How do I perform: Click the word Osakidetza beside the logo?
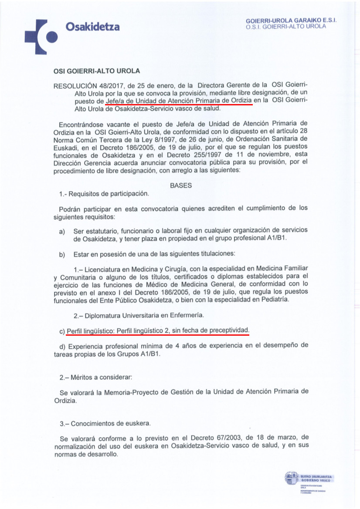[92, 27]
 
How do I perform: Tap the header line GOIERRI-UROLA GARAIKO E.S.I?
[291, 20]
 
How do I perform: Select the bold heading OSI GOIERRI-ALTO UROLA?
[97, 71]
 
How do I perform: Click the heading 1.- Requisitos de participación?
[104, 193]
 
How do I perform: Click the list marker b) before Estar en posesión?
[62, 254]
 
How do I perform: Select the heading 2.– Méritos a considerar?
[95, 376]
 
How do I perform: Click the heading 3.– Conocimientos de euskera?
[103, 423]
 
